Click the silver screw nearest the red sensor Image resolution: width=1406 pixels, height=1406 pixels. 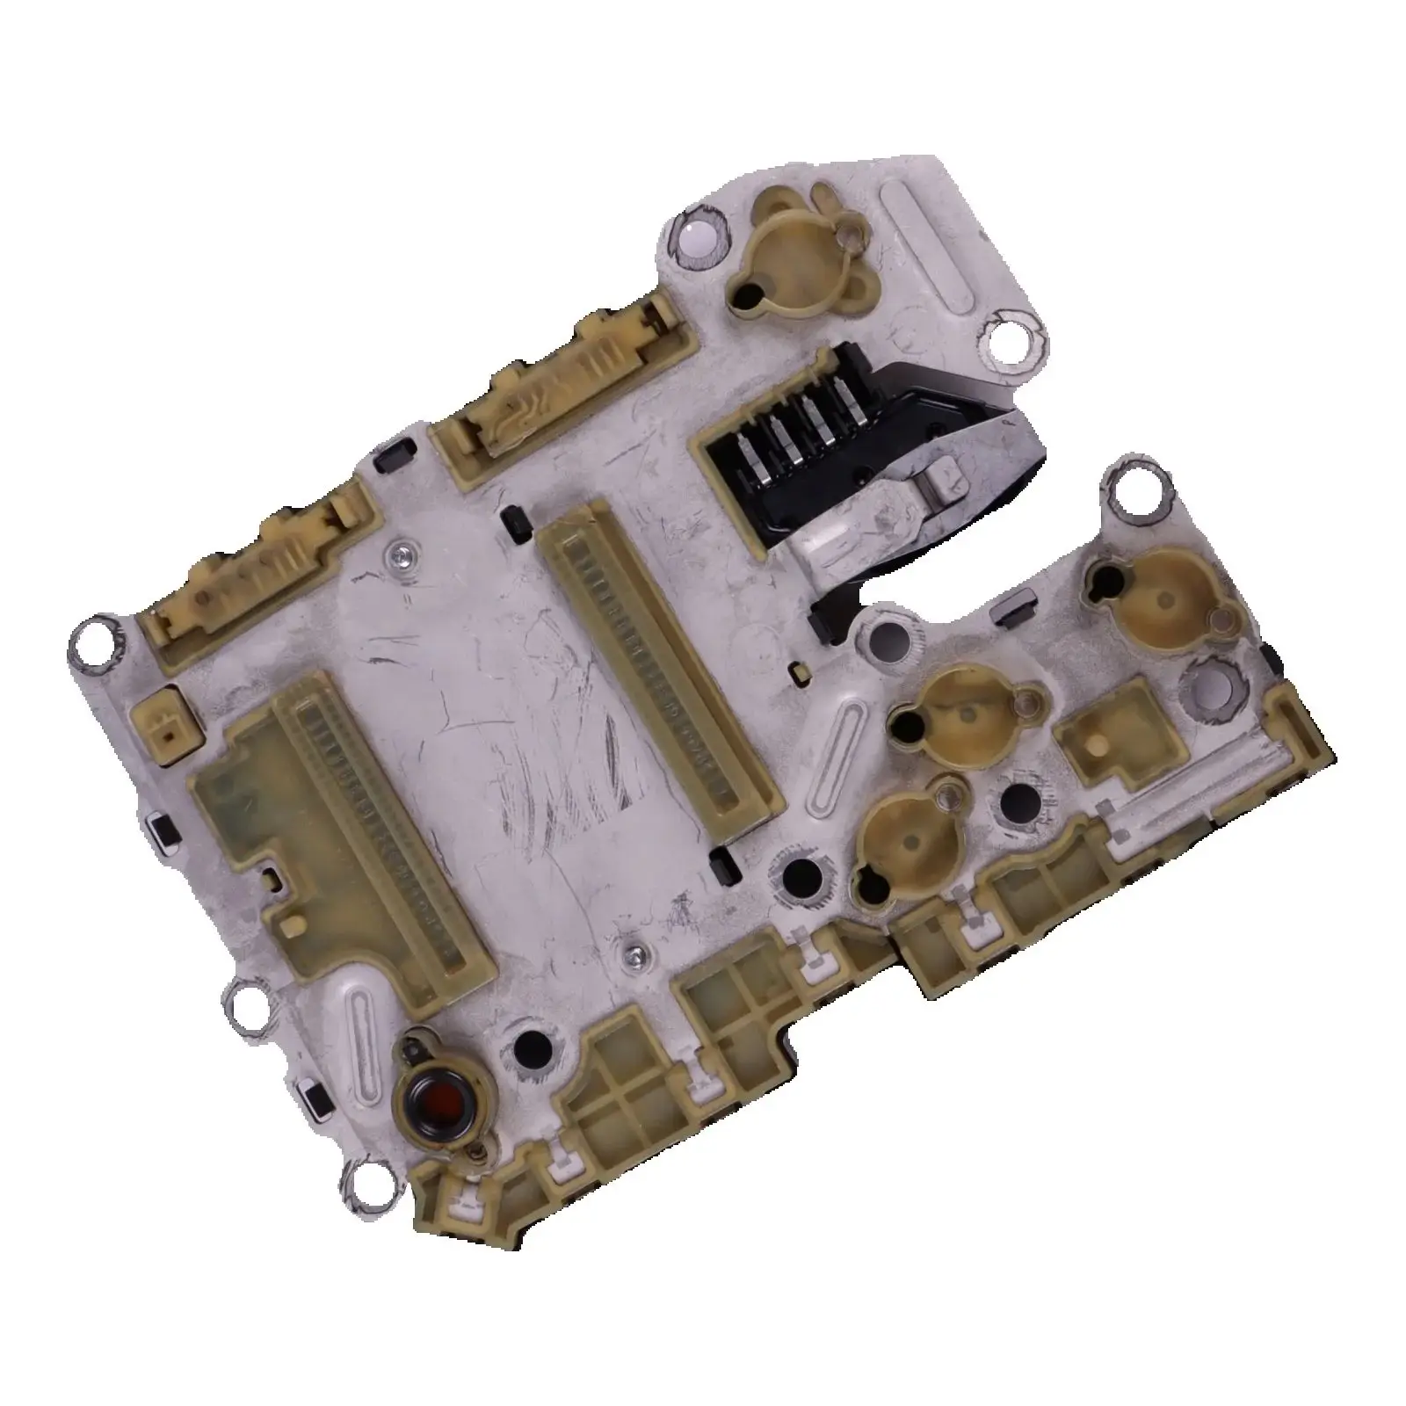click(634, 951)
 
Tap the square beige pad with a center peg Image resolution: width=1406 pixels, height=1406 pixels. click(1098, 743)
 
